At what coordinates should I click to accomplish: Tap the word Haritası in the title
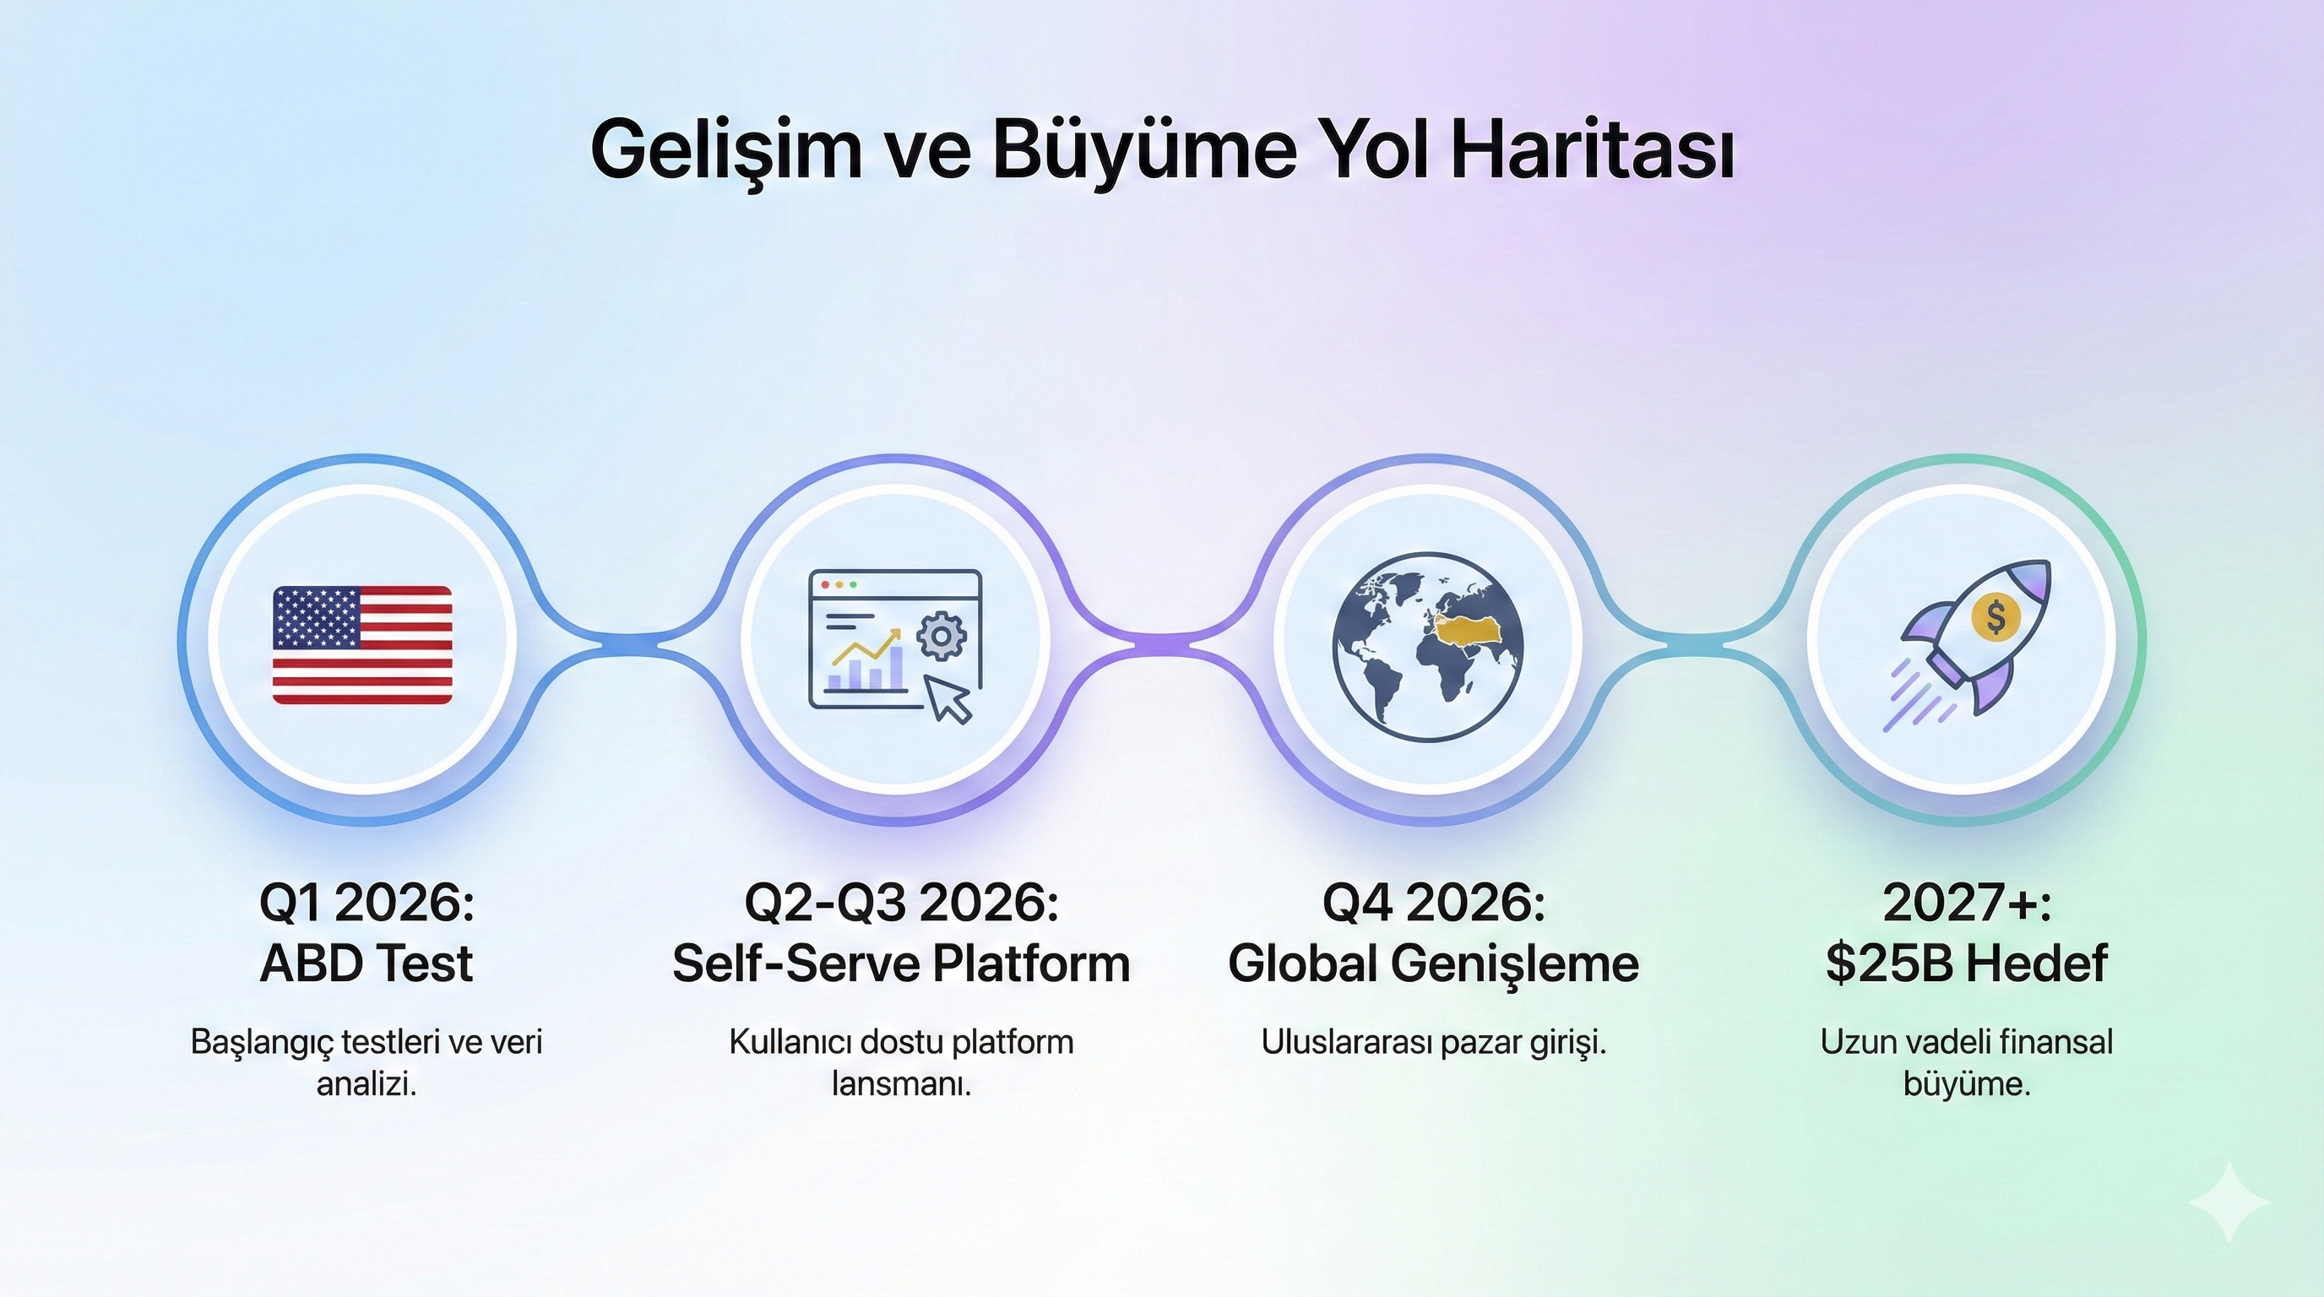(x=1593, y=149)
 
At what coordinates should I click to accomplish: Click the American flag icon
(x=362, y=644)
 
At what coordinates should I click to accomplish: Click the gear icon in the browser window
(x=941, y=636)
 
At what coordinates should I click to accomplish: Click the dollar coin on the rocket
(x=1995, y=618)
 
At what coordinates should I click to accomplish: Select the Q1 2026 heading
(x=367, y=902)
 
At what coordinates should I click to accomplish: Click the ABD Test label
(x=367, y=963)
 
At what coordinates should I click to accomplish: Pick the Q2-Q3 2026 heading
(x=901, y=902)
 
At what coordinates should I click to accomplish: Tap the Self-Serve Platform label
(x=901, y=963)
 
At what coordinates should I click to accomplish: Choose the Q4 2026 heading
(x=1434, y=902)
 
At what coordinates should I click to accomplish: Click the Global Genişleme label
(x=1434, y=963)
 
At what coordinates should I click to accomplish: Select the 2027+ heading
(x=1967, y=902)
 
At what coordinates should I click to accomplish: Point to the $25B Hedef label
(x=1967, y=963)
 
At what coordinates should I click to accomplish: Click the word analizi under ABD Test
(x=367, y=1084)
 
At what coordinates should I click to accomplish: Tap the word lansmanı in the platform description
(x=901, y=1084)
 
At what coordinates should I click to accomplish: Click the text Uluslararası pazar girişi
(x=1434, y=1043)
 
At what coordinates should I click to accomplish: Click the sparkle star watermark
(x=2229, y=1202)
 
